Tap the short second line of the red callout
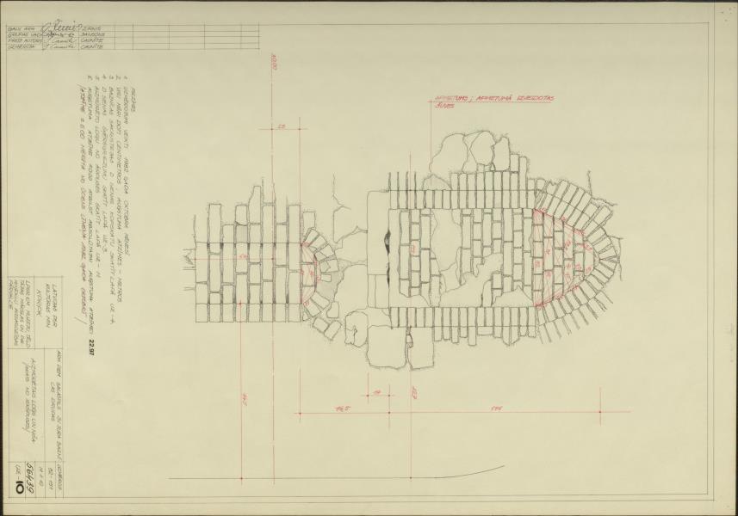point(444,107)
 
